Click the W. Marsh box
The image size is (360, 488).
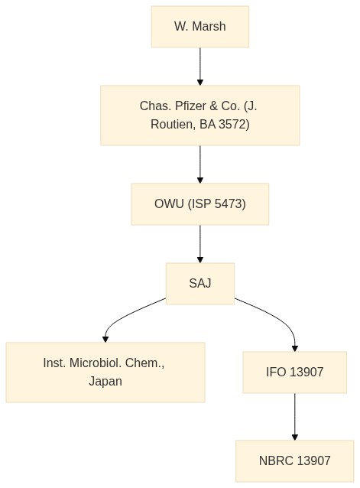(200, 27)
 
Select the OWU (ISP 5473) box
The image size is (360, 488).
(200, 204)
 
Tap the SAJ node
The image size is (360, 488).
(200, 284)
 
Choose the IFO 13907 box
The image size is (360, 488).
(295, 373)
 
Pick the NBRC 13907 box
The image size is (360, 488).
(295, 461)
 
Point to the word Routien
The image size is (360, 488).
(174, 124)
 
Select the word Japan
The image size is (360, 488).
(105, 381)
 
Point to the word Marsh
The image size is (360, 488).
(209, 27)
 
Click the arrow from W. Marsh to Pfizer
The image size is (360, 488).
(200, 67)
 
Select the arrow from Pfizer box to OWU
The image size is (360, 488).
(200, 164)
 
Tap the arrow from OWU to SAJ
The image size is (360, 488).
(200, 244)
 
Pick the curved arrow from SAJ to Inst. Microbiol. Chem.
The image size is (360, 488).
(127, 314)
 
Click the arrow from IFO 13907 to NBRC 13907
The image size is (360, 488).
(295, 417)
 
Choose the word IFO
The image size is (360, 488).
(276, 373)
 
